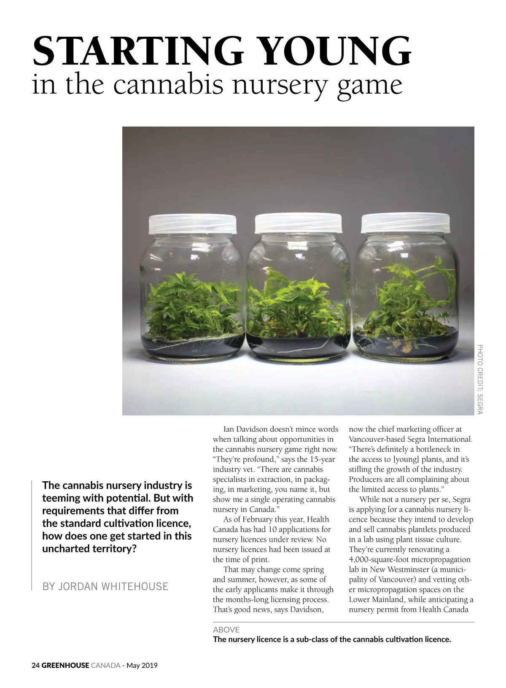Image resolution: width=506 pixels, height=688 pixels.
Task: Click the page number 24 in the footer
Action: click(x=36, y=666)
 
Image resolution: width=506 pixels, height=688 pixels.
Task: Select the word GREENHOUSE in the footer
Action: click(x=65, y=666)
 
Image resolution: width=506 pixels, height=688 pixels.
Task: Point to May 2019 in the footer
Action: click(x=142, y=666)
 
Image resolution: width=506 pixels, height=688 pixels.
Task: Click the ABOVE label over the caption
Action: click(x=226, y=629)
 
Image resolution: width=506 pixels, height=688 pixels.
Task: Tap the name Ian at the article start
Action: click(x=229, y=429)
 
